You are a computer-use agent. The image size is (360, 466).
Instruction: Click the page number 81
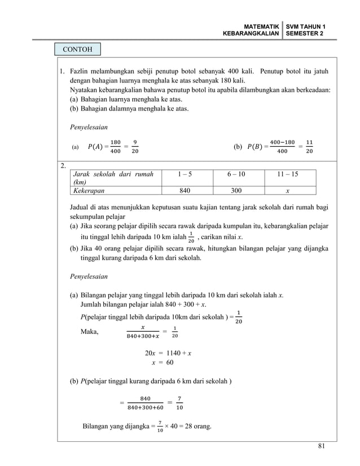click(x=321, y=447)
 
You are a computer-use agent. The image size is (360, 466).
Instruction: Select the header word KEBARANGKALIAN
click(x=251, y=34)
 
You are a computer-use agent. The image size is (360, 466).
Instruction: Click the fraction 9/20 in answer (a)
click(x=135, y=147)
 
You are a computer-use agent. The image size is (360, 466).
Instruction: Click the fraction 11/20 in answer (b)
click(x=309, y=147)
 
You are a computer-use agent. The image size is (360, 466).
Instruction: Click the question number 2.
click(x=64, y=165)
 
